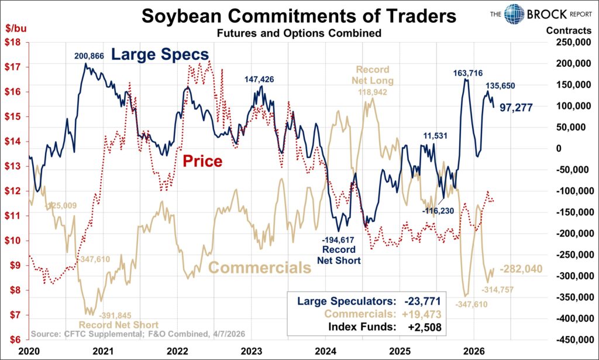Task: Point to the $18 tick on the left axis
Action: pyautogui.click(x=15, y=42)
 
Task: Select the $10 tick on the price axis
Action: pyautogui.click(x=15, y=241)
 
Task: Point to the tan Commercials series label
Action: pyautogui.click(x=259, y=268)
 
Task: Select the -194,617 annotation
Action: pyautogui.click(x=339, y=239)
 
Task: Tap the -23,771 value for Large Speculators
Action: pyautogui.click(x=422, y=301)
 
